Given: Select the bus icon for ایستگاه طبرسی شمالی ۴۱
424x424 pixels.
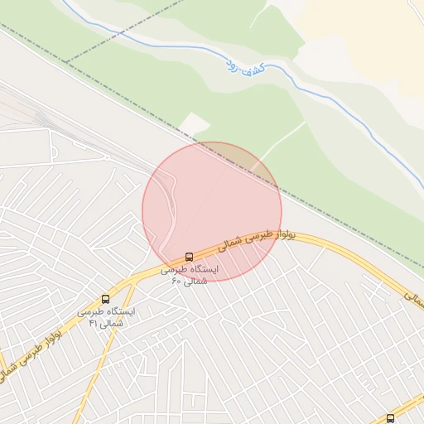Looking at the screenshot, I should click(x=105, y=299).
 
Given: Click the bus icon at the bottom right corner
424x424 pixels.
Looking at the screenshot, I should click(x=391, y=418).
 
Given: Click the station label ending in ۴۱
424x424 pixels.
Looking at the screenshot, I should click(x=107, y=317).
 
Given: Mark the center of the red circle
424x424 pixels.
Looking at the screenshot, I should click(x=212, y=212).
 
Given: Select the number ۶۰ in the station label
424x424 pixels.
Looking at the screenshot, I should click(x=176, y=282).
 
